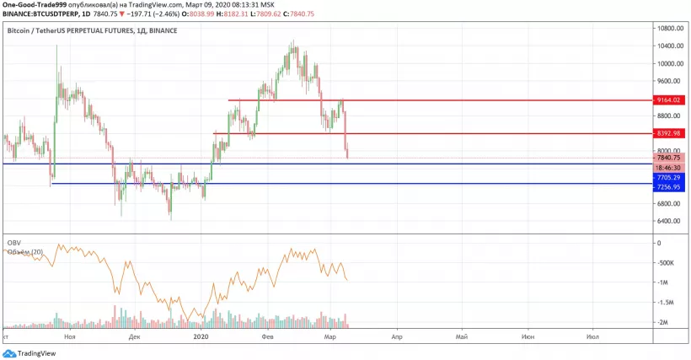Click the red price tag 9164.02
click(x=671, y=100)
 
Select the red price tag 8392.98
click(x=671, y=133)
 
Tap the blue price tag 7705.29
click(x=671, y=178)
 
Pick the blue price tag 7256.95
click(x=671, y=187)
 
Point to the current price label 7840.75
click(x=671, y=158)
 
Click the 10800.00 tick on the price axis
click(x=671, y=28)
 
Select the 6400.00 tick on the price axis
click(x=671, y=221)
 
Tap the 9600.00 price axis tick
click(x=671, y=81)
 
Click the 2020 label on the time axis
click(x=201, y=336)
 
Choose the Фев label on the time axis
click(x=267, y=336)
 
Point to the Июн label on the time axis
click(x=528, y=336)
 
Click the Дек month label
click(x=134, y=336)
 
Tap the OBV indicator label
click(x=13, y=243)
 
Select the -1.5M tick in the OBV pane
click(x=665, y=302)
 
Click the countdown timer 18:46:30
click(x=671, y=168)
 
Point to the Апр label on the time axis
click(x=396, y=336)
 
